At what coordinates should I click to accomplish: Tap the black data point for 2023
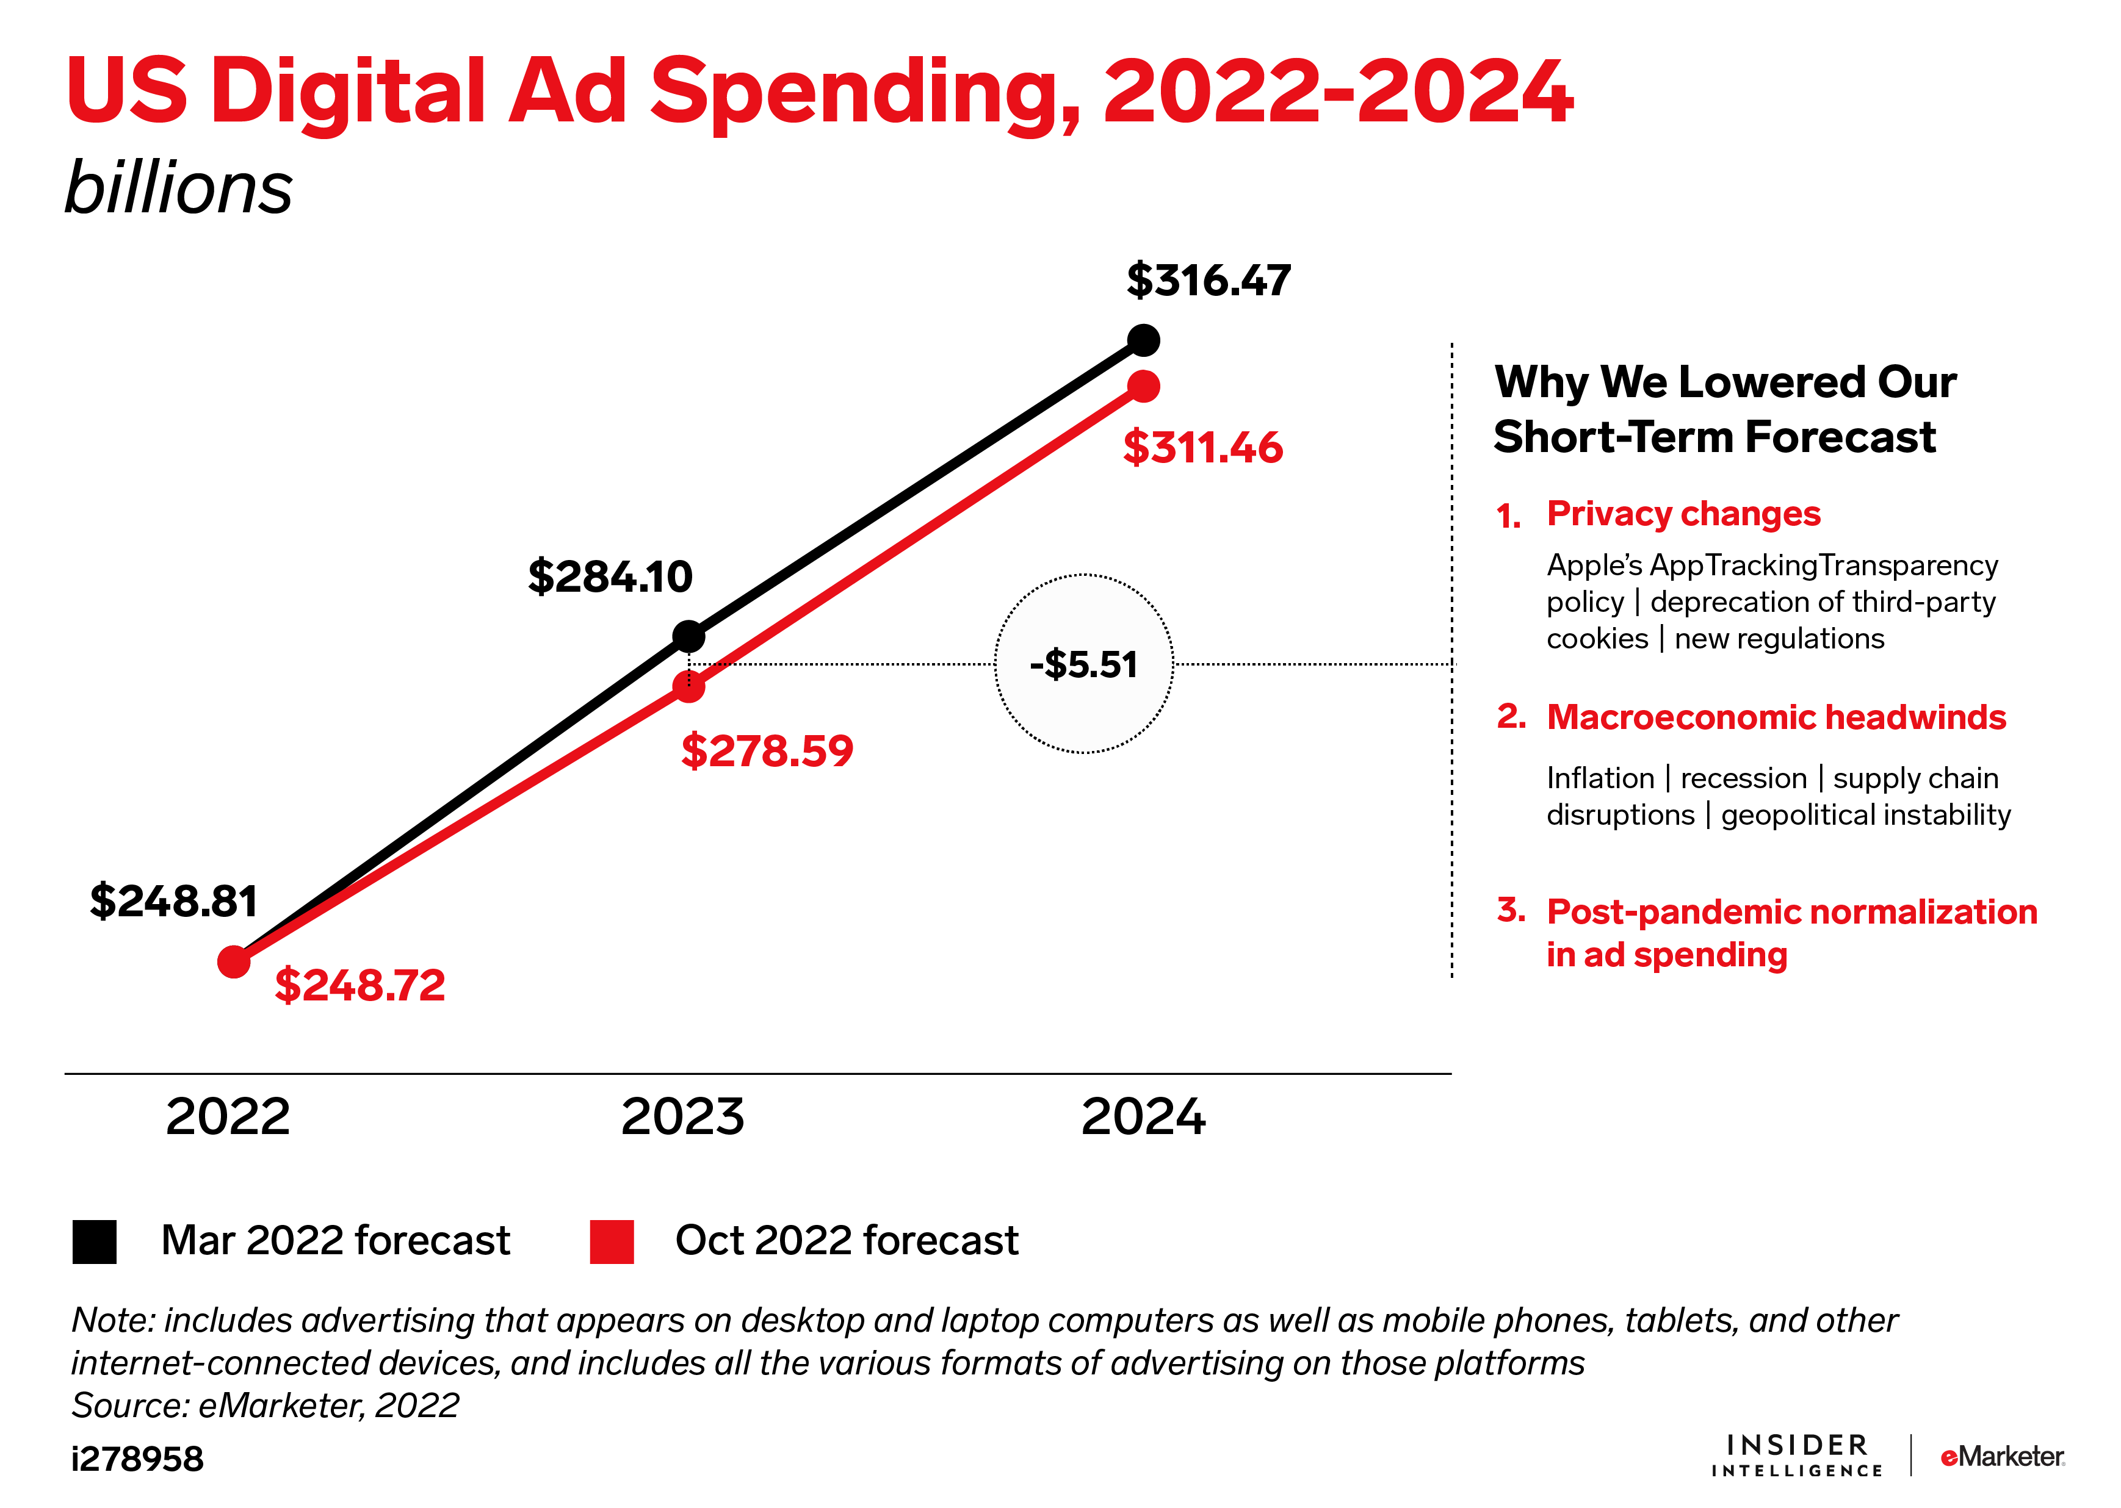[688, 637]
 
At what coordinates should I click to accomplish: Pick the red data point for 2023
[688, 687]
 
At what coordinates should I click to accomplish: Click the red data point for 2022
[234, 962]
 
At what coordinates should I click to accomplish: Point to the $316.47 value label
[1208, 281]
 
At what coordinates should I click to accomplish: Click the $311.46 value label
[1202, 448]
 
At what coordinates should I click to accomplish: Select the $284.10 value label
[610, 576]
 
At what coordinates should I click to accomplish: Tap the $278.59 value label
[767, 751]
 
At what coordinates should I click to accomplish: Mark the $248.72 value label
[360, 985]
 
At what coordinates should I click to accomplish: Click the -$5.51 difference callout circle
[1083, 664]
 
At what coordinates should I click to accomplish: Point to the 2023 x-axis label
[683, 1116]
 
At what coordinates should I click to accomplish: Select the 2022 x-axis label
[228, 1116]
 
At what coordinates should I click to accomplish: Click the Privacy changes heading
[1683, 514]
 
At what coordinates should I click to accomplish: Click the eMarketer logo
[2001, 1456]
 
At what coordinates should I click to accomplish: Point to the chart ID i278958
[137, 1459]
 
